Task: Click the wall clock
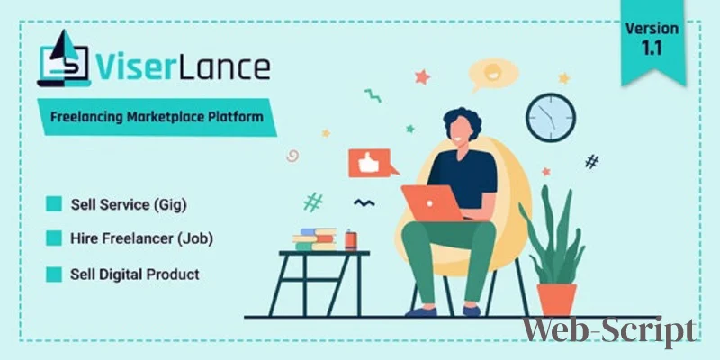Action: pyautogui.click(x=551, y=118)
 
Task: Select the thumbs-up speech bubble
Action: pyautogui.click(x=372, y=163)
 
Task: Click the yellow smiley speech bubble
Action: pyautogui.click(x=492, y=75)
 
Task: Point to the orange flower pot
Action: pyautogui.click(x=556, y=300)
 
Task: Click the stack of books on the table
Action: pyautogui.click(x=315, y=239)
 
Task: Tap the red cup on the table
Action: pyautogui.click(x=351, y=240)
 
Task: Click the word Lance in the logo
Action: pyautogui.click(x=222, y=67)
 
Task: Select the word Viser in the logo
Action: pyautogui.click(x=134, y=67)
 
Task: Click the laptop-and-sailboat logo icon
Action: pyautogui.click(x=64, y=58)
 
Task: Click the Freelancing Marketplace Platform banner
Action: pyautogui.click(x=157, y=117)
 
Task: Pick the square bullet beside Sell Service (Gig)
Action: pyautogui.click(x=54, y=204)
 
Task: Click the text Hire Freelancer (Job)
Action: pyautogui.click(x=141, y=238)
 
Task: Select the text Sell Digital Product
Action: pyautogui.click(x=134, y=274)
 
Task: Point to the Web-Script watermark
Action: pyautogui.click(x=609, y=332)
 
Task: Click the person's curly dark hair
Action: pyautogui.click(x=463, y=120)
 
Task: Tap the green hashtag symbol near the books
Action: pyautogui.click(x=313, y=202)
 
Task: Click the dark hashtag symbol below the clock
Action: pyautogui.click(x=592, y=161)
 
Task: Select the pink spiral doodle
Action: pyautogui.click(x=292, y=156)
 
